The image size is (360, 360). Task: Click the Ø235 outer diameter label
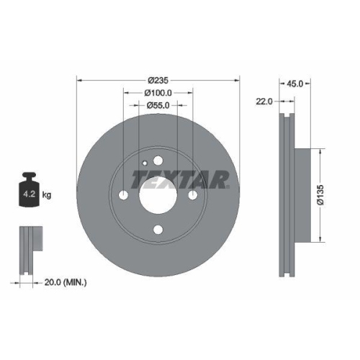pyautogui.click(x=158, y=80)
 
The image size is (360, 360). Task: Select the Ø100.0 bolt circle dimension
pyautogui.click(x=158, y=92)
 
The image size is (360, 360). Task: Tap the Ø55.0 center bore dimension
pyautogui.click(x=158, y=105)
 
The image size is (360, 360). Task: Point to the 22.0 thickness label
pyautogui.click(x=264, y=102)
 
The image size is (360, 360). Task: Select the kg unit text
pyautogui.click(x=47, y=195)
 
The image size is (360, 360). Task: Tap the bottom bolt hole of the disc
pyautogui.click(x=158, y=230)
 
